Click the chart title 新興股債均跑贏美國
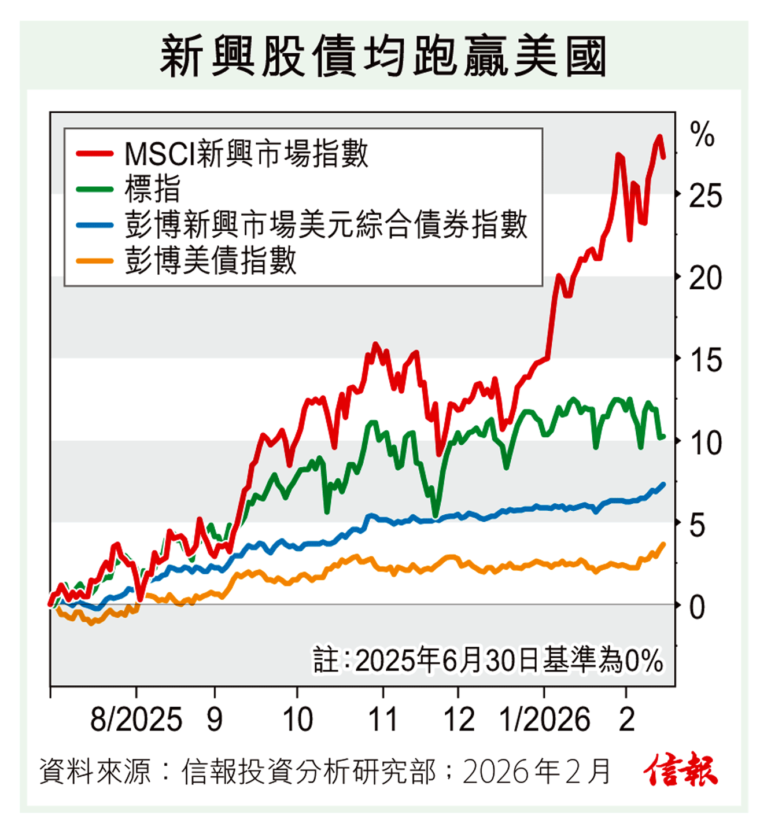click(x=383, y=56)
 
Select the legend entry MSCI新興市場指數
click(x=246, y=154)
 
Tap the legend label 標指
click(x=153, y=189)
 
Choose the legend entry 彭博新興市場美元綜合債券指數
click(x=326, y=224)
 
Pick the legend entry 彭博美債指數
click(x=211, y=260)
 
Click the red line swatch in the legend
click(x=94, y=154)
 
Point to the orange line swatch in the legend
click(x=94, y=261)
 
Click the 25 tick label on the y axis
click(x=705, y=197)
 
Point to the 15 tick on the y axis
click(x=705, y=360)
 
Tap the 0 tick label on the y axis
click(x=698, y=607)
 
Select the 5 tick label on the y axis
click(x=698, y=525)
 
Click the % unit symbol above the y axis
click(x=702, y=136)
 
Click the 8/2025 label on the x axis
click(x=137, y=720)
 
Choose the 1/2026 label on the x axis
click(x=544, y=720)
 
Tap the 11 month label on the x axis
click(x=383, y=720)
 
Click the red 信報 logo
click(x=681, y=770)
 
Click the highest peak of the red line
click(x=659, y=137)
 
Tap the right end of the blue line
click(x=663, y=484)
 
